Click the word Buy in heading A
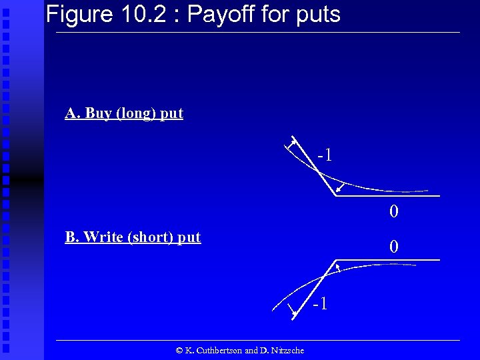click(x=99, y=113)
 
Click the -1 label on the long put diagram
click(x=325, y=155)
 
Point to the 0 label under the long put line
click(x=394, y=212)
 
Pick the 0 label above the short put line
click(x=394, y=247)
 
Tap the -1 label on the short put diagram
click(x=320, y=304)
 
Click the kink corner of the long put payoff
click(x=335, y=196)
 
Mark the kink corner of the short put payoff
click(x=335, y=259)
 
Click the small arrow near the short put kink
click(x=338, y=267)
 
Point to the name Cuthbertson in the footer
click(x=215, y=350)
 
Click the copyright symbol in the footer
click(x=179, y=350)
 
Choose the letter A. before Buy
click(x=71, y=113)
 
